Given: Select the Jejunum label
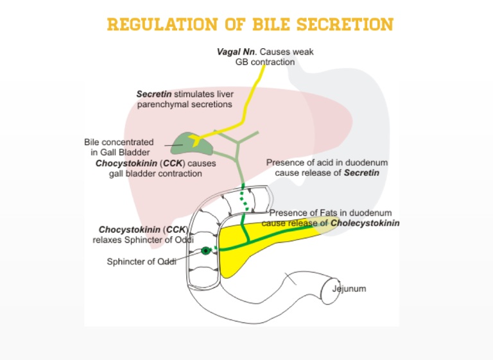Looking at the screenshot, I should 349,289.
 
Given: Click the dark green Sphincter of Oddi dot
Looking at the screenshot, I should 205,250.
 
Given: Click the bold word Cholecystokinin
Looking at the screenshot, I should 365,223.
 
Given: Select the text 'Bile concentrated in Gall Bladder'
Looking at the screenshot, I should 119,147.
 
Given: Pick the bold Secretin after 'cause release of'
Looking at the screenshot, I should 361,173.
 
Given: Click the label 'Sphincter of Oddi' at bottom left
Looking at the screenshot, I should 141,261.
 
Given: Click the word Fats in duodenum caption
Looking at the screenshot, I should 320,213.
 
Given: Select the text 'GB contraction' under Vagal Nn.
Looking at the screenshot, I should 264,62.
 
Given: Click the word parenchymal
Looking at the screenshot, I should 161,104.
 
